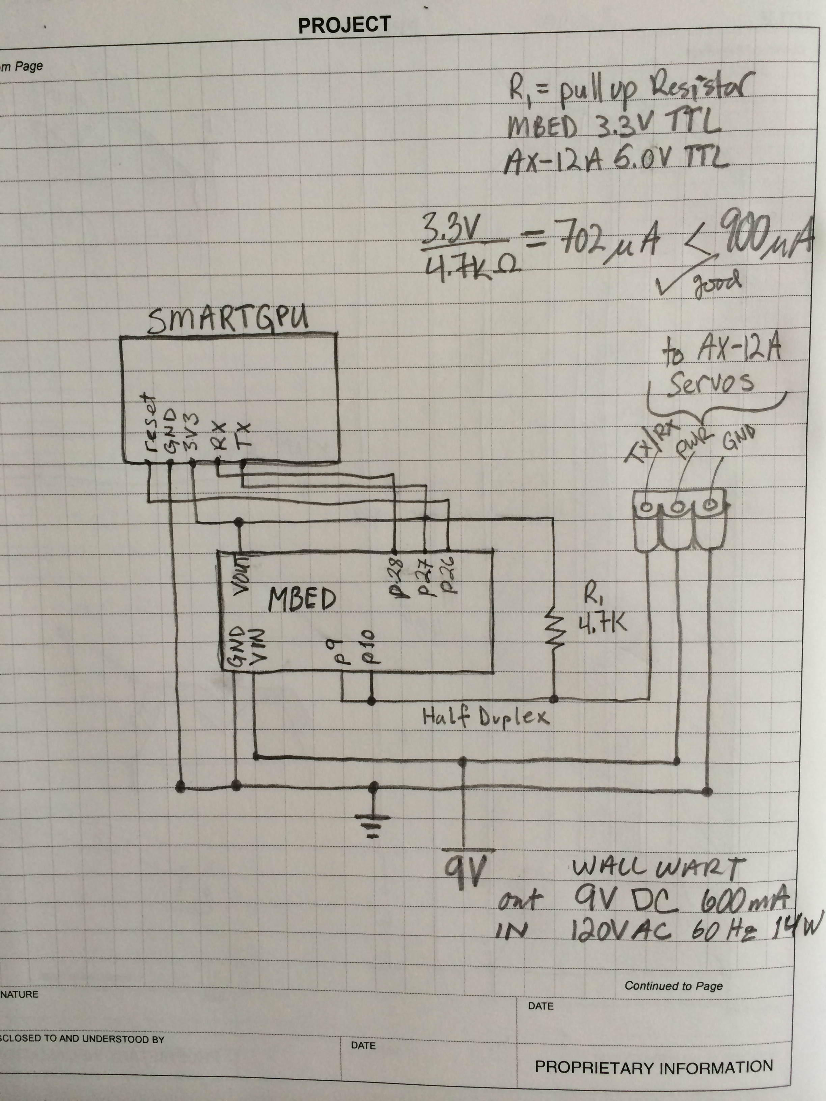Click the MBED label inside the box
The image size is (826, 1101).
click(x=302, y=599)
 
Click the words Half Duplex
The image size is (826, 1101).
click(x=486, y=717)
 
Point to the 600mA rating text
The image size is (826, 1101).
click(x=744, y=899)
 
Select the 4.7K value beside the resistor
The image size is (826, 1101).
click(x=602, y=622)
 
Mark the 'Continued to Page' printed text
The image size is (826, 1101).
click(x=673, y=986)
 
